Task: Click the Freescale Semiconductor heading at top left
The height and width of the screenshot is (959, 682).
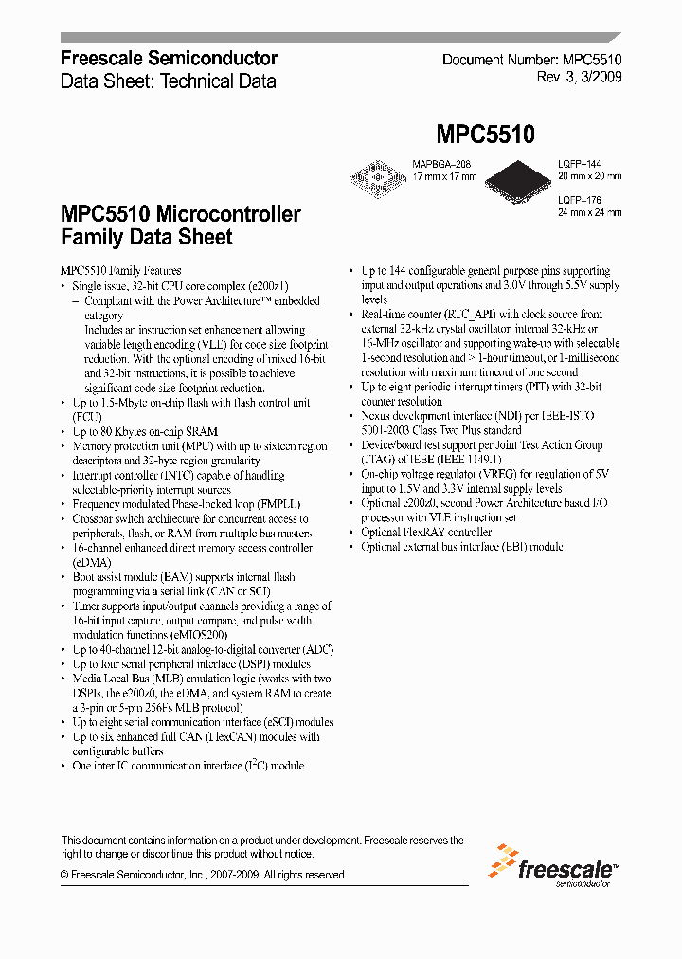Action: coord(169,59)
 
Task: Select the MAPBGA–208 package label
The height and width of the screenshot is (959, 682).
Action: coord(440,164)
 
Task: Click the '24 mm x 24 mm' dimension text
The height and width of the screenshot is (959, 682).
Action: coord(589,213)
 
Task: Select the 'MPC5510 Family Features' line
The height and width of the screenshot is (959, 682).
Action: coord(120,271)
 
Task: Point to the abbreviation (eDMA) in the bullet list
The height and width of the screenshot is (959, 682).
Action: coord(92,562)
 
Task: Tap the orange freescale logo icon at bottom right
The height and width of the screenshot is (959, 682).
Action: coord(502,862)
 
